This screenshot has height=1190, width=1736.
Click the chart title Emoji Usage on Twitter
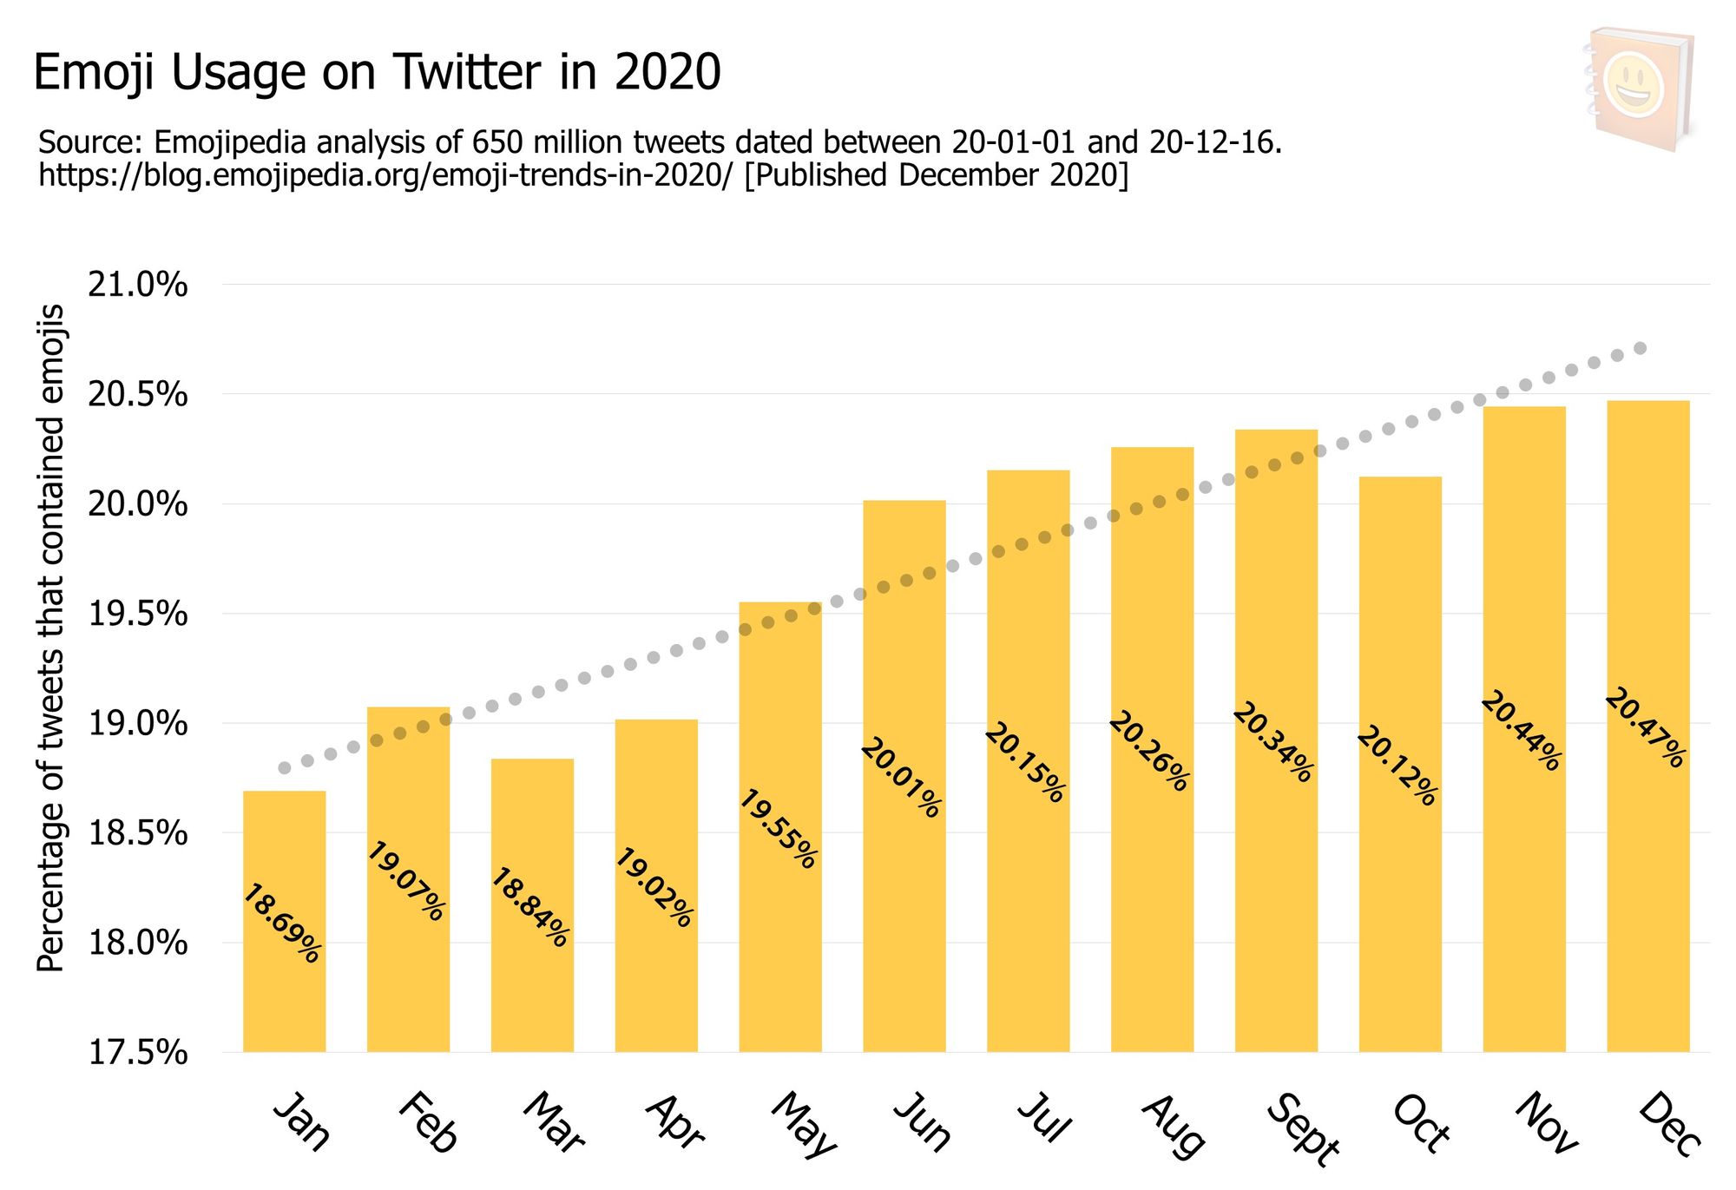pyautogui.click(x=377, y=72)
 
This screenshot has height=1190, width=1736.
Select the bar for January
pyautogui.click(x=284, y=920)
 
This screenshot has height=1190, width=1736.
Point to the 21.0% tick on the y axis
pyautogui.click(x=138, y=285)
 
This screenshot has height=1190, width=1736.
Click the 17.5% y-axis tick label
pyautogui.click(x=138, y=1053)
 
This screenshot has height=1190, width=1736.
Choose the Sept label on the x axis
pyautogui.click(x=1302, y=1128)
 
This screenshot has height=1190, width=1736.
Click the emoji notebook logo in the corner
pyautogui.click(x=1640, y=89)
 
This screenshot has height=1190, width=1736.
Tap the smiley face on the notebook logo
pyautogui.click(x=1634, y=86)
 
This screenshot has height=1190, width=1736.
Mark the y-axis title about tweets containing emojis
pyautogui.click(x=51, y=638)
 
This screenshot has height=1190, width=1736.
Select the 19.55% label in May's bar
pyautogui.click(x=778, y=829)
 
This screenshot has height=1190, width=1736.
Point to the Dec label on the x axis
pyautogui.click(x=1669, y=1125)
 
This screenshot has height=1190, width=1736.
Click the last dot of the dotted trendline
pyautogui.click(x=1641, y=348)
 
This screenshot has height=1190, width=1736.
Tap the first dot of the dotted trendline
pyautogui.click(x=284, y=768)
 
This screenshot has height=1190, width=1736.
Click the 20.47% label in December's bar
pyautogui.click(x=1645, y=727)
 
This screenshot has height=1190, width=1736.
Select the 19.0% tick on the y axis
pyautogui.click(x=138, y=723)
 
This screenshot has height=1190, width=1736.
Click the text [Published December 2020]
pyautogui.click(x=937, y=175)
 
